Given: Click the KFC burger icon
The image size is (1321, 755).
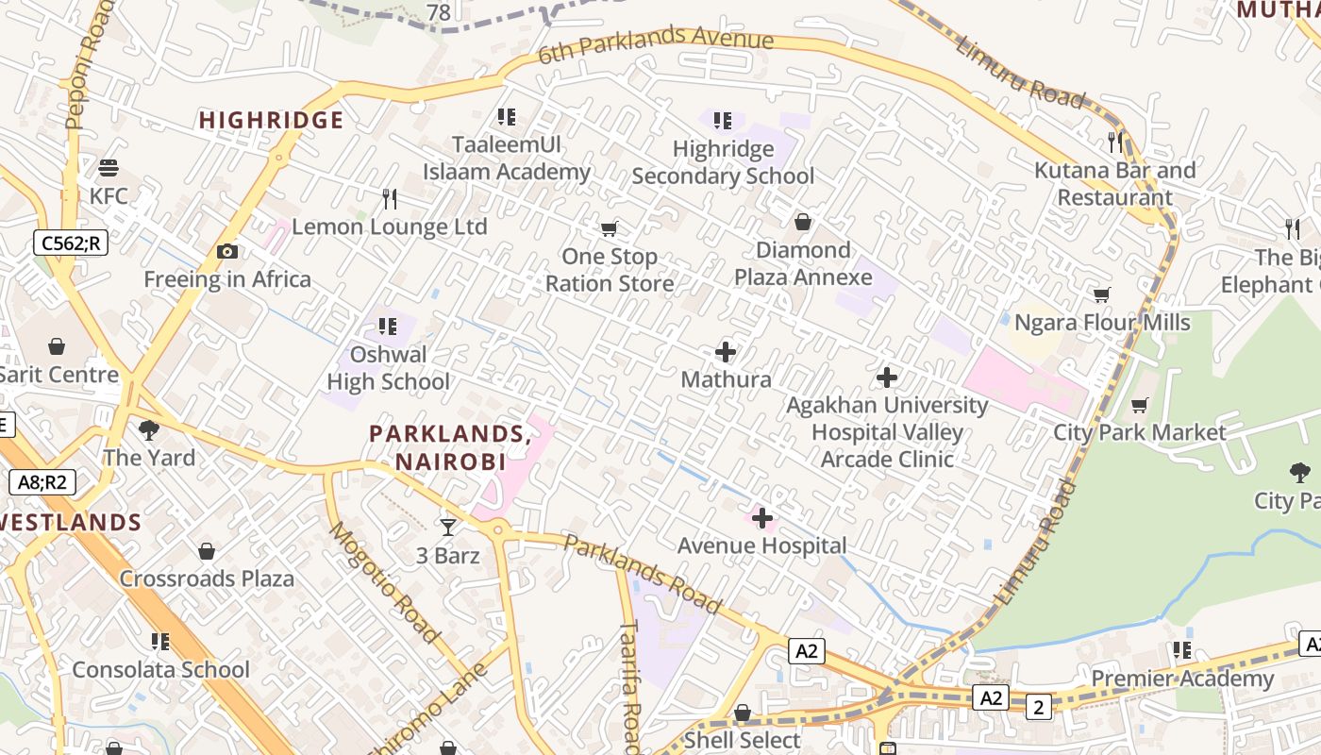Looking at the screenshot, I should point(109,168).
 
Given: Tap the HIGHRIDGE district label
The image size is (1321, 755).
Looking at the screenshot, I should point(271,120).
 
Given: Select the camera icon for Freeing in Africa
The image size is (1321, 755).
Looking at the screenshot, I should point(226,251).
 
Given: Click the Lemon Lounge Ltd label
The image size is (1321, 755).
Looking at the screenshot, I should point(389,227).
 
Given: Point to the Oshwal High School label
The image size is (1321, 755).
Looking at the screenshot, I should point(388,368).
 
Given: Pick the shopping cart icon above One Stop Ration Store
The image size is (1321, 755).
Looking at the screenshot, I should point(610,228).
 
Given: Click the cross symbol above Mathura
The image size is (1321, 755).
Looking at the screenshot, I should point(726,352).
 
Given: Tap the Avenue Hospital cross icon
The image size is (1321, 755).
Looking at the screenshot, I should point(762,518).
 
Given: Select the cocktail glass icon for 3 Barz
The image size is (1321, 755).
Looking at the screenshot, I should point(448,528).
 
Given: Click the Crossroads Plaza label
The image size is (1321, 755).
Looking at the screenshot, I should point(207,579).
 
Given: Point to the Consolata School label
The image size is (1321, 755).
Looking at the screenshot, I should point(161,670).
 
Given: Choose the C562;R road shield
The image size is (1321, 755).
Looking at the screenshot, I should point(71,243).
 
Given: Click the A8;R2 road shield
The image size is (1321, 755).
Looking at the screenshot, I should point(42,483).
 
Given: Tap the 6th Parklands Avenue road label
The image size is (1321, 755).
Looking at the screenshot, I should point(656,45).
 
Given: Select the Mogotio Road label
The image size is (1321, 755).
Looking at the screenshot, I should point(383,581).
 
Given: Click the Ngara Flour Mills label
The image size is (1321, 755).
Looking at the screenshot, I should point(1102,323).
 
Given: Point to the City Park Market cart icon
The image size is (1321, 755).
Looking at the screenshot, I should point(1140,406).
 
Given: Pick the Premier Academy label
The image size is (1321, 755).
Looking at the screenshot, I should point(1182,679).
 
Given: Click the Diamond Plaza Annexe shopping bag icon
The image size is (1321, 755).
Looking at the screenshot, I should point(803,222).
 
